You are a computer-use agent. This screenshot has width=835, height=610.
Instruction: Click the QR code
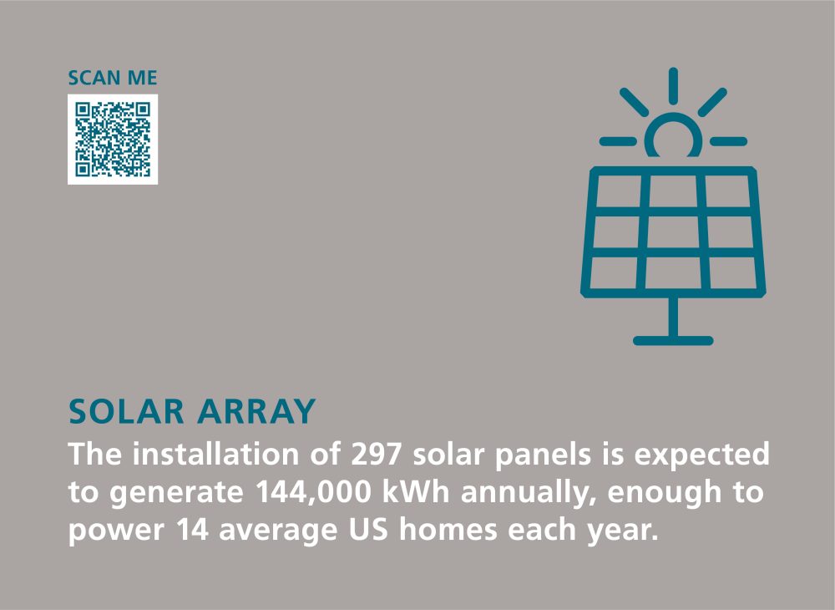(113, 139)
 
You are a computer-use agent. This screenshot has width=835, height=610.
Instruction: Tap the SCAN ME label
(113, 79)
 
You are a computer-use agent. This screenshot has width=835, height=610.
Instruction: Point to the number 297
(376, 454)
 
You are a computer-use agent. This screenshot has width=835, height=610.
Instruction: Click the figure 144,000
(313, 492)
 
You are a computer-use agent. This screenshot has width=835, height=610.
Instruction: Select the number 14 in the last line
(192, 530)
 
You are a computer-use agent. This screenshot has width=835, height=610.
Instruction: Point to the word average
(278, 531)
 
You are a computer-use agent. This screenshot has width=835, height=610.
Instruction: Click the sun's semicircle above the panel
(673, 119)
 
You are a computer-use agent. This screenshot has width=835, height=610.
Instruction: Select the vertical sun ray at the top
(673, 86)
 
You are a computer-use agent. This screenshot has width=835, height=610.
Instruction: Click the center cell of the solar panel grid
(673, 231)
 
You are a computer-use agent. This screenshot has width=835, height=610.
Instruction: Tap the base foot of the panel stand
(673, 340)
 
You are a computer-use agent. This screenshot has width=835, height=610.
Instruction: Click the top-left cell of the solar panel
(619, 191)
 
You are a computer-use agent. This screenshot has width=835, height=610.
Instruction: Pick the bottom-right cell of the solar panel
(733, 272)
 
